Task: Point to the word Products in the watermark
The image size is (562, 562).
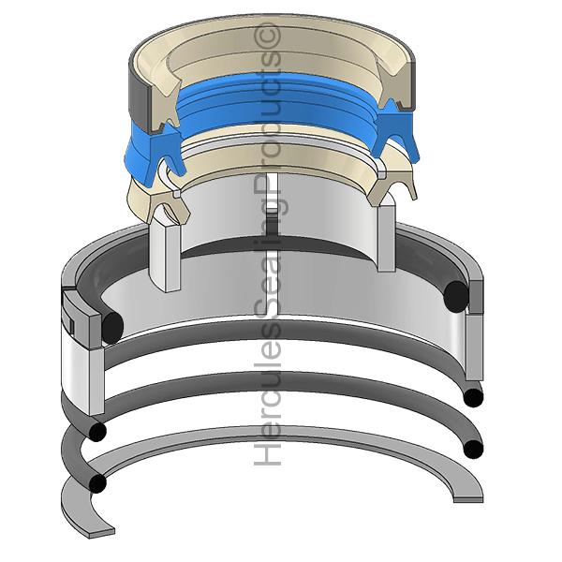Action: [x=268, y=119]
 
